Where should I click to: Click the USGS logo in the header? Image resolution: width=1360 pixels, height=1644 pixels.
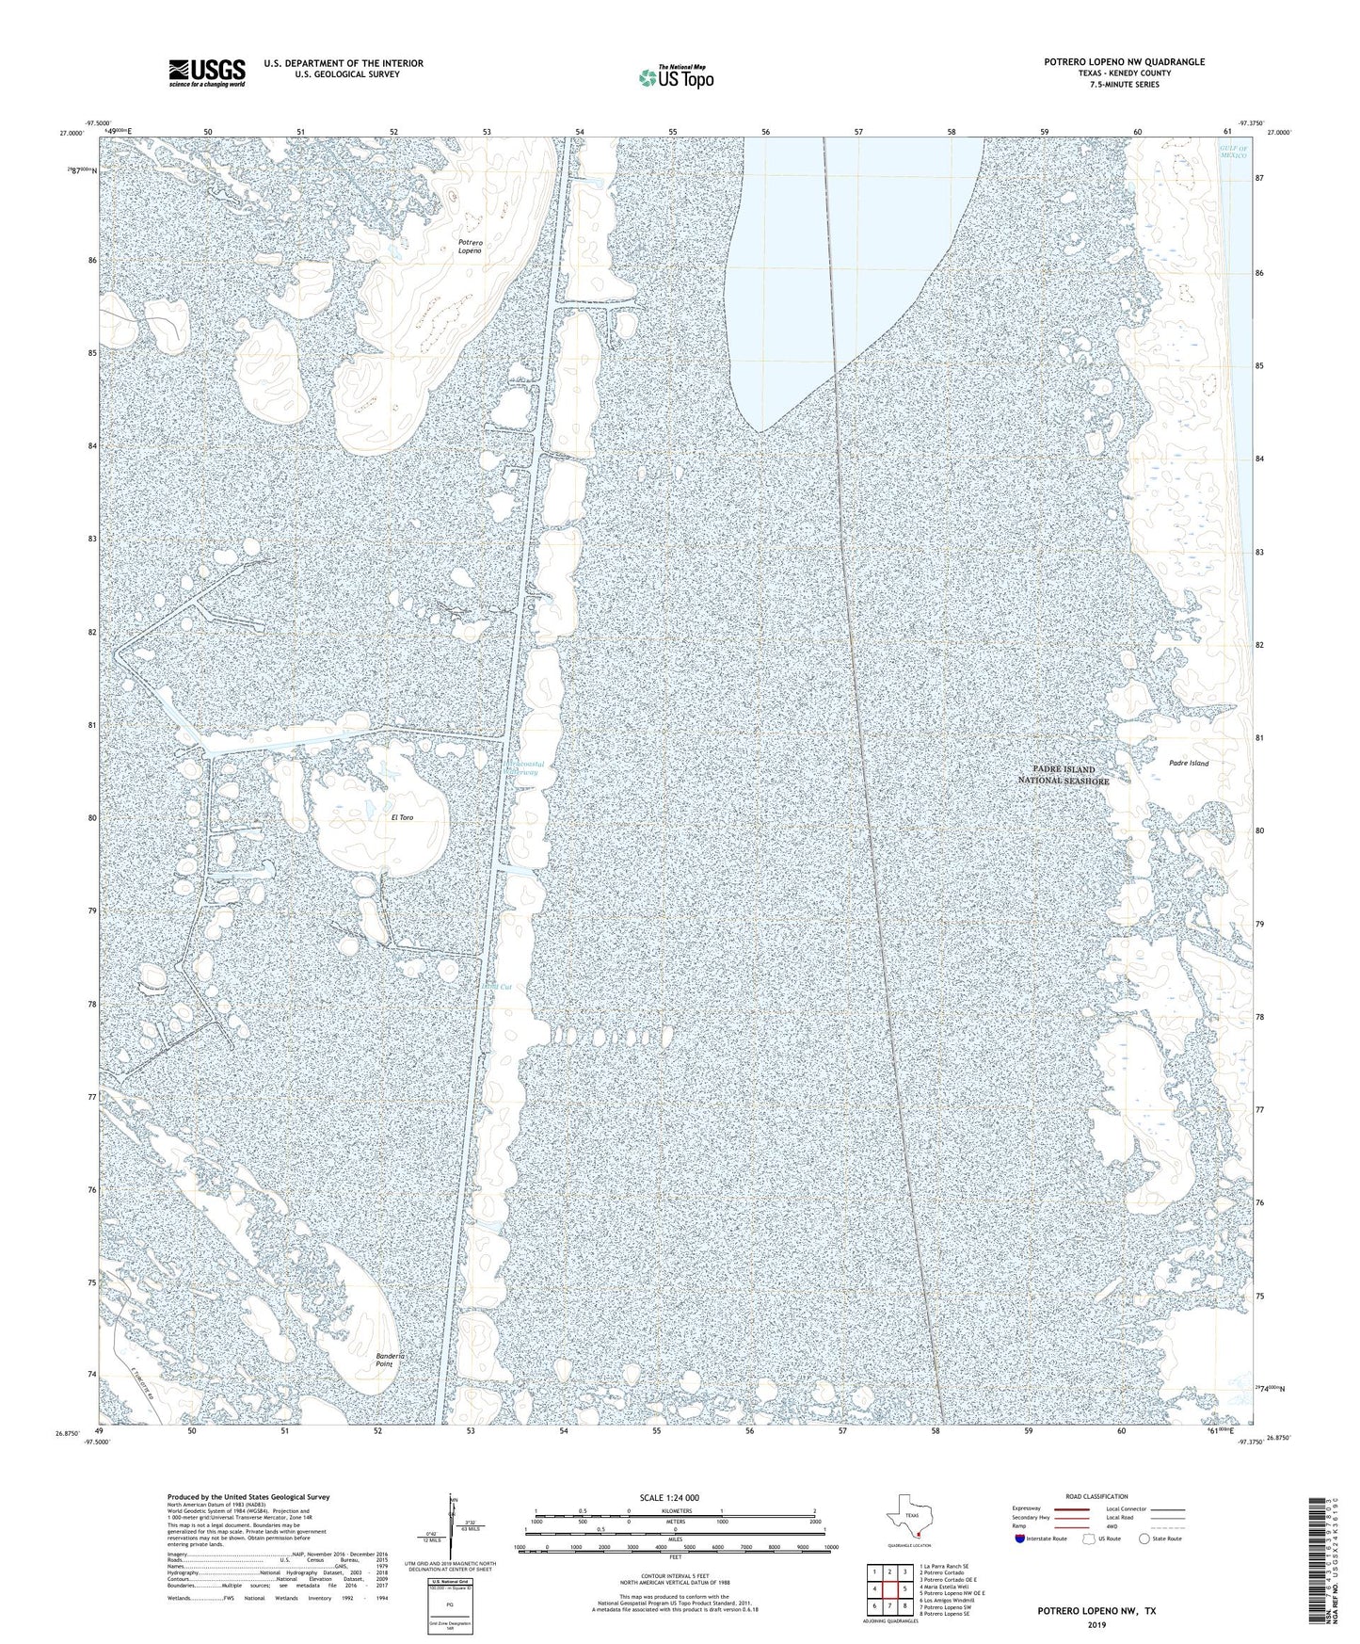[x=207, y=72]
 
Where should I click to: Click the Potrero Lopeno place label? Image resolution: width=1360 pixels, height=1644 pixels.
[x=470, y=247]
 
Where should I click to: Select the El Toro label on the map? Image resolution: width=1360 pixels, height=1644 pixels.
[x=402, y=817]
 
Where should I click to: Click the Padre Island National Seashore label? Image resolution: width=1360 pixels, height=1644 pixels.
[x=1063, y=775]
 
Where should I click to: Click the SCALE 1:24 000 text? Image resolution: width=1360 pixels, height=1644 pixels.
[x=675, y=1497]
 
